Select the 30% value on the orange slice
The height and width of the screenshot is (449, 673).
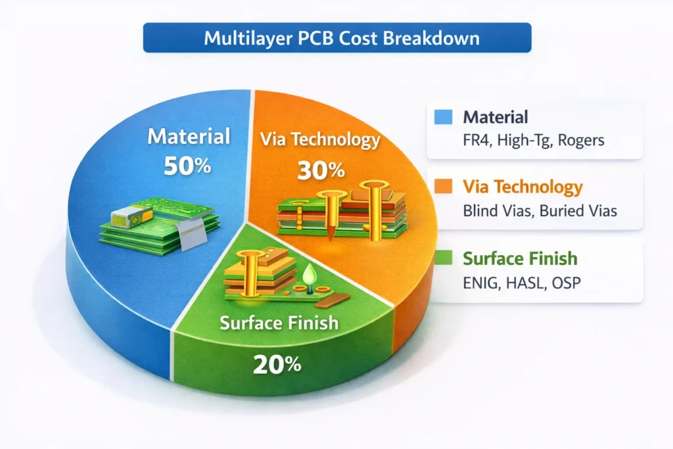tap(321, 170)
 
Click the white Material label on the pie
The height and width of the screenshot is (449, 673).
tap(189, 137)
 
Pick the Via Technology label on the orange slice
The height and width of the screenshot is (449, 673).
tap(320, 139)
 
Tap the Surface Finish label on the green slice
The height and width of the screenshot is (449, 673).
tap(279, 323)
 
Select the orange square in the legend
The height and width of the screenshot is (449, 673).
tap(444, 187)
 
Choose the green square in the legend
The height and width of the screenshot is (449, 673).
tap(444, 258)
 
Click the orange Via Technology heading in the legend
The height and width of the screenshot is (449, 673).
tap(523, 187)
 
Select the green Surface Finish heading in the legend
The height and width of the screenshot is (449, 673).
tap(520, 258)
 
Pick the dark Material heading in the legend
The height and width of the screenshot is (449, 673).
tap(496, 118)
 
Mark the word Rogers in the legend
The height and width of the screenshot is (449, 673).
tap(581, 141)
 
